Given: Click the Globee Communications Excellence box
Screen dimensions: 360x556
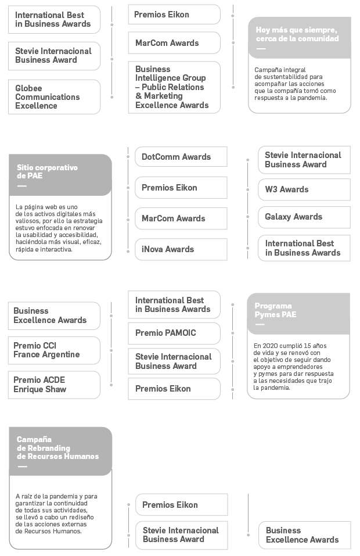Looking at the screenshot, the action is pyautogui.click(x=54, y=97).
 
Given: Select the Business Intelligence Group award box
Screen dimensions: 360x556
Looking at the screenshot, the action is pyautogui.click(x=174, y=87).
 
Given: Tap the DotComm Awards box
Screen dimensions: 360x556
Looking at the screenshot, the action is pyautogui.click(x=181, y=157).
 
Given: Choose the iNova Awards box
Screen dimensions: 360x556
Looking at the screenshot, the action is pyautogui.click(x=181, y=249).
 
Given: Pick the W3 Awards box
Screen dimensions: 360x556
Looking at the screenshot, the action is pyautogui.click(x=304, y=189).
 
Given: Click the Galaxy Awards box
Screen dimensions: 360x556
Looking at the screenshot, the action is pyautogui.click(x=304, y=217).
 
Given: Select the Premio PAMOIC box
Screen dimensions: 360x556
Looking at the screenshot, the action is pyautogui.click(x=174, y=333).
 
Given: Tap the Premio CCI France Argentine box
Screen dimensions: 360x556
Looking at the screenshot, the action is pyautogui.click(x=54, y=350).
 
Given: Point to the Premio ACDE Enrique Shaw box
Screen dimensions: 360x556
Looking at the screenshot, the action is pyautogui.click(x=54, y=385).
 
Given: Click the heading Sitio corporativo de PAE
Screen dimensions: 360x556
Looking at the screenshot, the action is pyautogui.click(x=47, y=171).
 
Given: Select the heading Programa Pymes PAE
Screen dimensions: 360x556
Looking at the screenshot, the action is pyautogui.click(x=275, y=310).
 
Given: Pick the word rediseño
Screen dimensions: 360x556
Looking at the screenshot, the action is pyautogui.click(x=82, y=517).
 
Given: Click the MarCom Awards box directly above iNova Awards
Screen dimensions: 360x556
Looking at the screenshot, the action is pyautogui.click(x=181, y=218).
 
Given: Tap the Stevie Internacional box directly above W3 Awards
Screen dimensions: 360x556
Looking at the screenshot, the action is pyautogui.click(x=304, y=160).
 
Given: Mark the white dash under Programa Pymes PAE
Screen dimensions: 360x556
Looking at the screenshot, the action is pyautogui.click(x=260, y=324).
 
